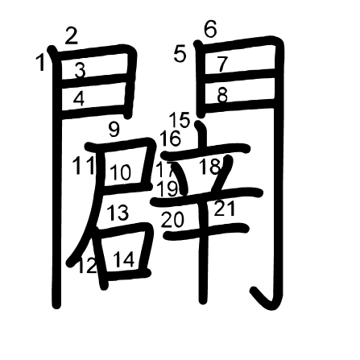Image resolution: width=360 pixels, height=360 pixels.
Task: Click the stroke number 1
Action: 41,62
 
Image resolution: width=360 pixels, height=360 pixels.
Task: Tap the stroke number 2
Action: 72,36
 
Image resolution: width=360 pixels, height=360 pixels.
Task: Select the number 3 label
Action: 80,70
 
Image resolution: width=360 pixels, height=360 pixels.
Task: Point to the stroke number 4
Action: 79,99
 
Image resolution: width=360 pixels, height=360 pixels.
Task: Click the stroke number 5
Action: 180,54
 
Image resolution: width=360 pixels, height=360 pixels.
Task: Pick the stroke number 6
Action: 210,29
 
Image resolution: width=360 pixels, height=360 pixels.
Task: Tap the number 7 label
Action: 222,64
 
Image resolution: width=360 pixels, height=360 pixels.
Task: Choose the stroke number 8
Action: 222,95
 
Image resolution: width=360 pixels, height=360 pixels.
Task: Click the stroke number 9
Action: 114,129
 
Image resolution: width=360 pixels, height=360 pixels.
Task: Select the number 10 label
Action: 121,172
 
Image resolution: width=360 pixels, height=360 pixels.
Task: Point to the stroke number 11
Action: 84,165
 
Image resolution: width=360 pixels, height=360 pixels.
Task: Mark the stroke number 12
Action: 88,266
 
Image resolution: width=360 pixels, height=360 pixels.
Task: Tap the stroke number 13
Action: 118,213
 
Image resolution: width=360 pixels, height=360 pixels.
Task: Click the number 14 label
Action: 124,259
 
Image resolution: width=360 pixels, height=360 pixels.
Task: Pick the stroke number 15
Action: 180,120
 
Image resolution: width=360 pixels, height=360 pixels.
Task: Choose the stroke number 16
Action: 171,139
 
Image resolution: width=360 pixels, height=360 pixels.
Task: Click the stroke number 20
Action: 172,220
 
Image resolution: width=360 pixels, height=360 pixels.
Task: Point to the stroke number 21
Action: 225,209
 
